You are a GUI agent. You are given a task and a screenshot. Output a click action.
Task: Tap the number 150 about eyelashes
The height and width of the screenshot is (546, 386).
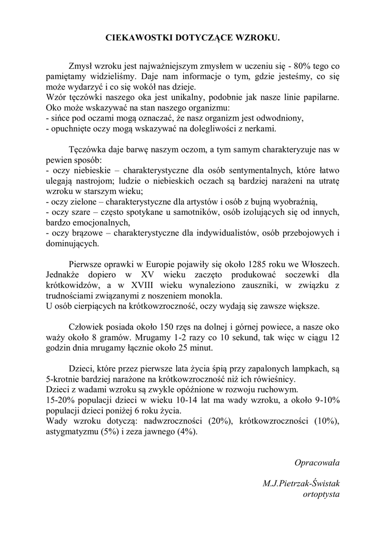click(x=161, y=327)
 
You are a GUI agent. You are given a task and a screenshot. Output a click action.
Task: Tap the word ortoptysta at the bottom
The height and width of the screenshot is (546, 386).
click(x=321, y=494)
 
